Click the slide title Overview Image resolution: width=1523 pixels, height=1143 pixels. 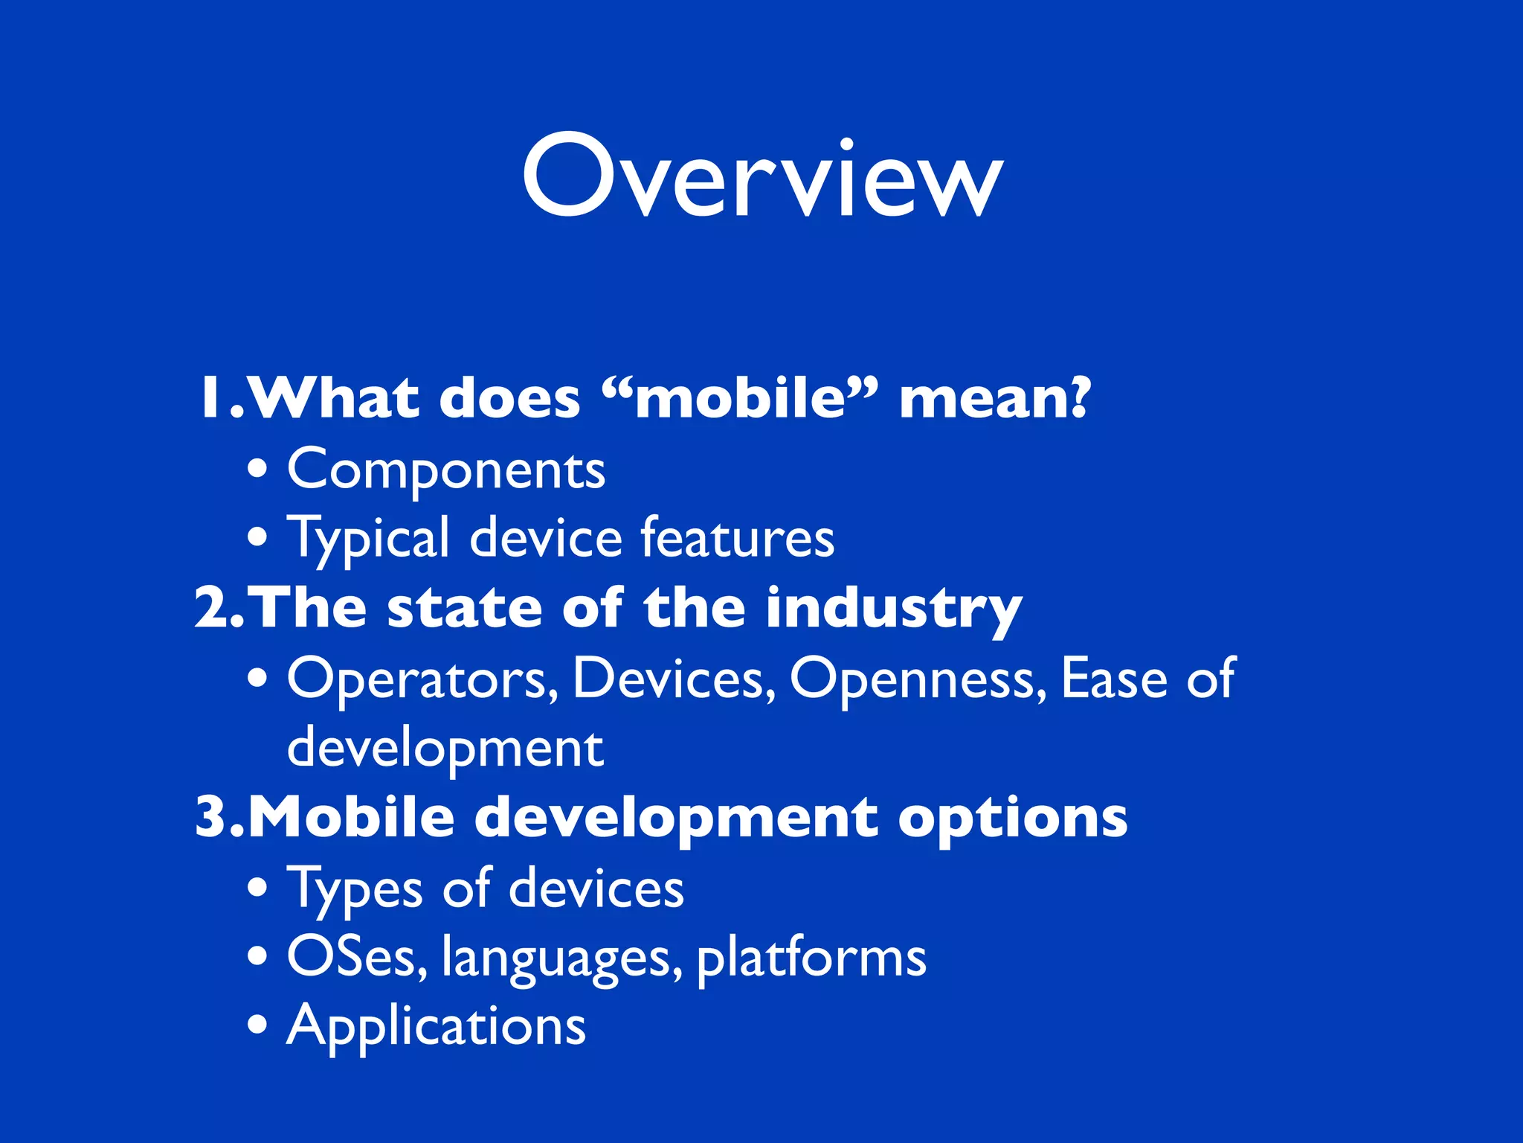point(762,177)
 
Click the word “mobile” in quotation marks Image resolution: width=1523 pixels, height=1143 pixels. point(739,398)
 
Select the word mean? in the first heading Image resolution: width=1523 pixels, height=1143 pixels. point(994,398)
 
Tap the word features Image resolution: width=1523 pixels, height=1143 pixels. point(737,537)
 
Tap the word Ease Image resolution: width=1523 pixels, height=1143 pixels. point(1113,679)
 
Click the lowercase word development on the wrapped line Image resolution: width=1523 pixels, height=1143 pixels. point(445,749)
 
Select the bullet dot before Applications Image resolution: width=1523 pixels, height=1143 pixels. point(257,1025)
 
